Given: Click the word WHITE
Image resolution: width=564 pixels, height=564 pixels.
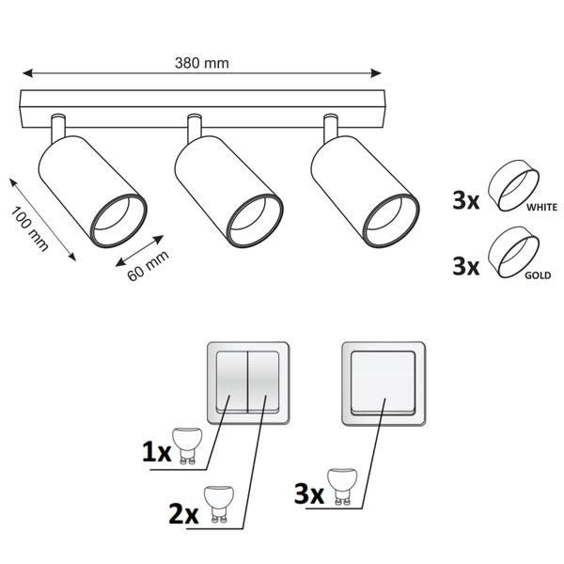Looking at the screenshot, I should pos(543,205).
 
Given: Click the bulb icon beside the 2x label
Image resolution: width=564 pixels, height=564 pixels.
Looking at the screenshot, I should pos(219,503).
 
